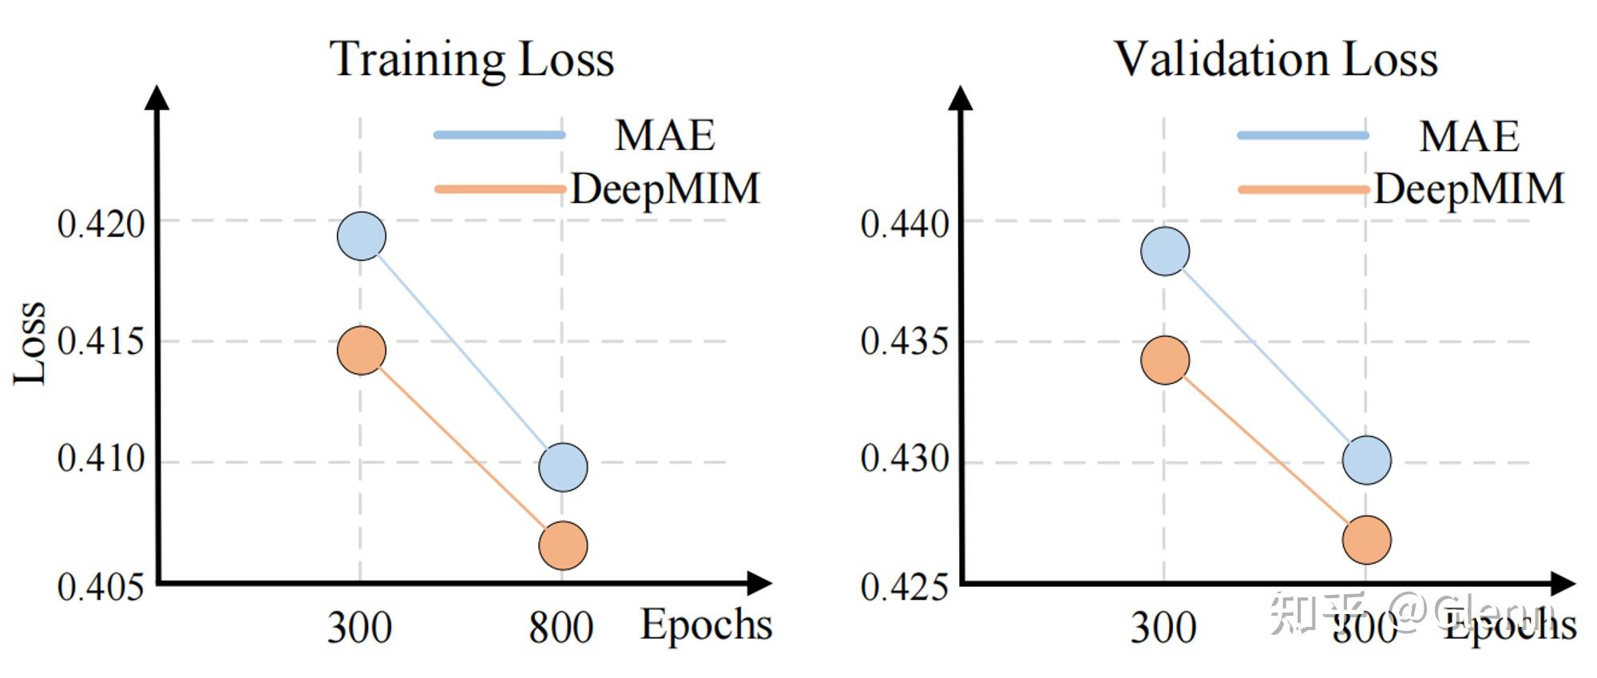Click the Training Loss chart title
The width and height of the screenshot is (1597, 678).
(x=472, y=59)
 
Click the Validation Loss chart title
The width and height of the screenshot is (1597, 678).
(x=1275, y=59)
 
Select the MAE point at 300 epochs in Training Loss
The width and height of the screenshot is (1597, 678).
(x=362, y=236)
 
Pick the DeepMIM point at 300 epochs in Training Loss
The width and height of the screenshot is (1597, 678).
(x=362, y=351)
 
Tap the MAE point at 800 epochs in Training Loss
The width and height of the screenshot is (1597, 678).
(x=563, y=467)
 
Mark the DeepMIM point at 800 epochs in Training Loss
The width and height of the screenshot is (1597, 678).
(x=563, y=545)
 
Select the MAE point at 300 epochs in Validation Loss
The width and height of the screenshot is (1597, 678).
(x=1165, y=251)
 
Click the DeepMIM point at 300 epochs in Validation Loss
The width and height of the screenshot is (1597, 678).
(x=1165, y=360)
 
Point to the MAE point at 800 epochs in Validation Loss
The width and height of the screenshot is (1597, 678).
(x=1366, y=460)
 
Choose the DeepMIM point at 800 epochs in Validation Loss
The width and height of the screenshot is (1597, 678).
(x=1366, y=540)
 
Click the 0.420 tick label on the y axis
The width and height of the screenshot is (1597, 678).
(x=101, y=224)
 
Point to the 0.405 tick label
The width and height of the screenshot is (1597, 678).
(x=101, y=587)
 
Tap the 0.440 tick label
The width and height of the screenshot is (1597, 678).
(x=905, y=224)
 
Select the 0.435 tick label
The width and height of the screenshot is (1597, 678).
(x=905, y=341)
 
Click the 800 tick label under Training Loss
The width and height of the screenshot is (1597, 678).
(x=561, y=628)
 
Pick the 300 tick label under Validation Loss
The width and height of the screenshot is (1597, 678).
(x=1163, y=628)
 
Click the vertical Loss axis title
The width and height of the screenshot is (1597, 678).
(x=30, y=343)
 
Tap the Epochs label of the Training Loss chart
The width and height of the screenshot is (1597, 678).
(x=706, y=624)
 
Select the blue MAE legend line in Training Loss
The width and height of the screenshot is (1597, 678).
(x=500, y=135)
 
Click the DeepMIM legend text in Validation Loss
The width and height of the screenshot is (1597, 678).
(x=1469, y=189)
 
